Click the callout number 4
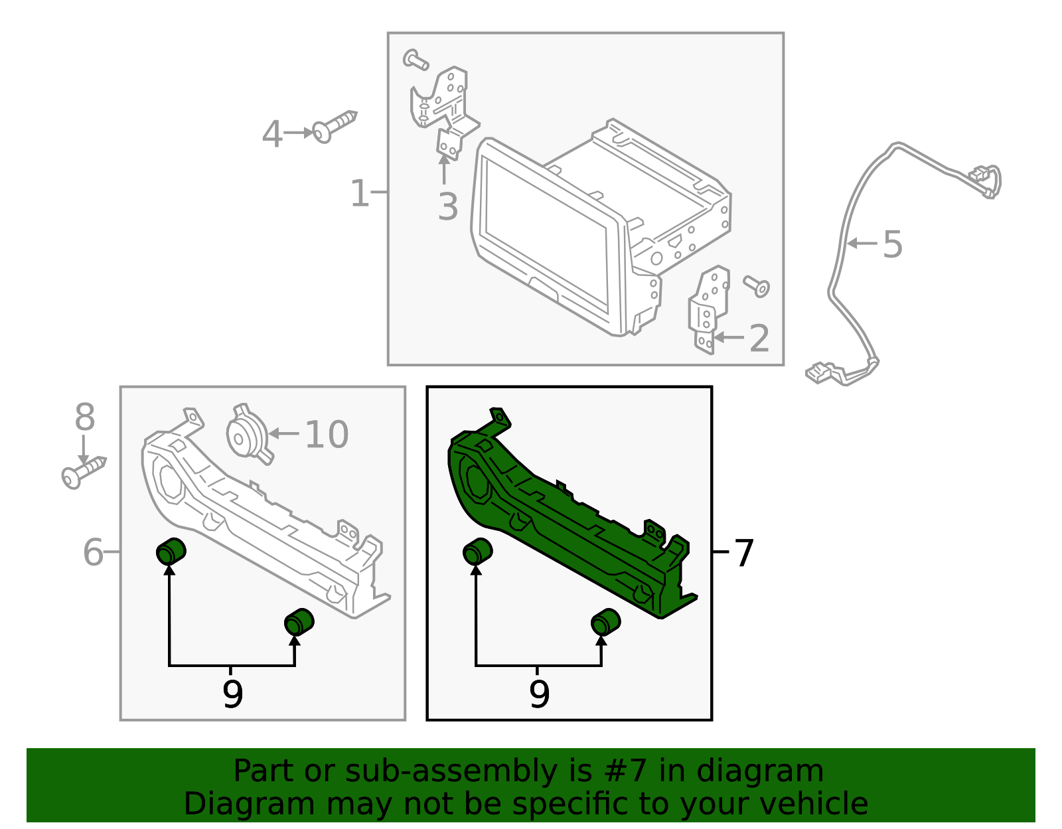coord(272,135)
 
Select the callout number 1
coord(359,193)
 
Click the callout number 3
coord(448,206)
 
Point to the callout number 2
coord(759,339)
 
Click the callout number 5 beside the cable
coord(893,244)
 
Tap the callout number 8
coord(84,418)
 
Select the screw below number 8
coord(82,472)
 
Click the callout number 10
coord(327,435)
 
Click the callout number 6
coord(93,552)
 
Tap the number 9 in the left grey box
coord(232,695)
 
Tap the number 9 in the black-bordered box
coord(539,695)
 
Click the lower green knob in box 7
coord(605,621)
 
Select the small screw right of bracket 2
coord(757,286)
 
